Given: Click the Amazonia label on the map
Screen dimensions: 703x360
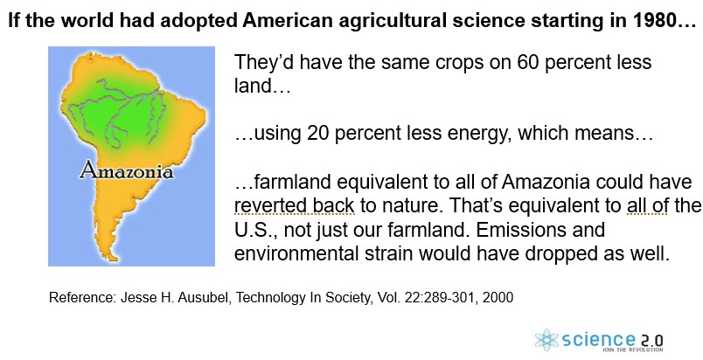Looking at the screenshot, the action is tap(126, 171).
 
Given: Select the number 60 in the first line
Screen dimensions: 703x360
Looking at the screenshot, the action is tap(528, 62).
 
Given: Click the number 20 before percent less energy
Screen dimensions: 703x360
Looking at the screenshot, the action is tap(318, 133).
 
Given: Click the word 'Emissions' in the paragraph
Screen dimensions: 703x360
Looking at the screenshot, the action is tap(540, 230).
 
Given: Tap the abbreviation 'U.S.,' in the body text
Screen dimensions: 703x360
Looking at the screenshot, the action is tap(256, 230).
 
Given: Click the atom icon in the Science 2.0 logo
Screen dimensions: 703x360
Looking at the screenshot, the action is tap(547, 340).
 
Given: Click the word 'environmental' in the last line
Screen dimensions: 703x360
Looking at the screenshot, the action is tap(296, 254).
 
